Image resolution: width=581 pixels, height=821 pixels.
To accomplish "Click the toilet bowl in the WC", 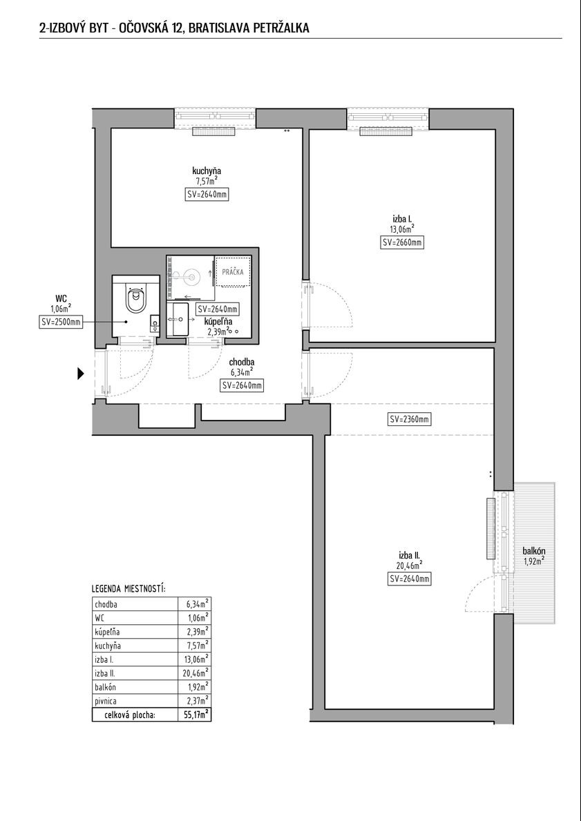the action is tap(135, 298).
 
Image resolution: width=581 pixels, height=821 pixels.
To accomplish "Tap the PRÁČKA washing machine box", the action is tap(233, 272).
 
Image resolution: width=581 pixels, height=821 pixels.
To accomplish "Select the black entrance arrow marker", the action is tap(81, 374).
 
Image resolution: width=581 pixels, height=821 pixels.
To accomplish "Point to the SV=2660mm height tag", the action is tap(402, 242).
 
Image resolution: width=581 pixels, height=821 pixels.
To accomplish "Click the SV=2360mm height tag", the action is tap(409, 419).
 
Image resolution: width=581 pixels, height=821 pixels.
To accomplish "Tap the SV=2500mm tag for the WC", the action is tap(61, 322).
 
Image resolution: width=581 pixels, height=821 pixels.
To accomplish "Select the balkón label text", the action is tap(534, 551).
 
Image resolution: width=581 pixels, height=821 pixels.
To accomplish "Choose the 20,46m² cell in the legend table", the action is tap(198, 673).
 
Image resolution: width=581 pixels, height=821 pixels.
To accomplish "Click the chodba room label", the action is tap(242, 363).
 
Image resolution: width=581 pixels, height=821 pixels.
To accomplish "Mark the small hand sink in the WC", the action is tap(155, 324).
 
